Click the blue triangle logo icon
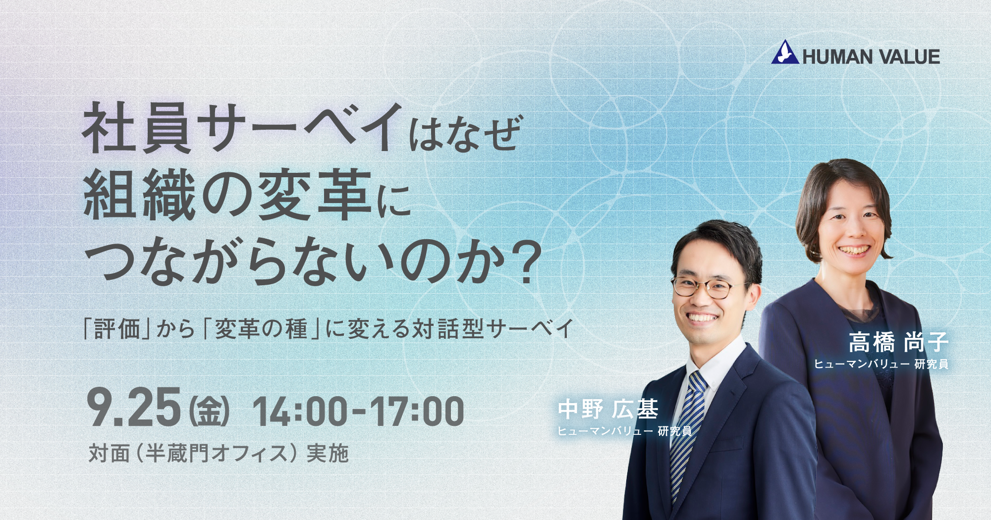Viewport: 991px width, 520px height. tap(785, 52)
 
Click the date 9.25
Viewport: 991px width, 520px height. tap(134, 407)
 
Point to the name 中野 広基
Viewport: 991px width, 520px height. tap(608, 409)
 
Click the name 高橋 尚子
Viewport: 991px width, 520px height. tap(898, 342)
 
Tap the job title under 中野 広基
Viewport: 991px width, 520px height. tap(625, 431)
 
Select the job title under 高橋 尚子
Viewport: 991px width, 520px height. tap(881, 364)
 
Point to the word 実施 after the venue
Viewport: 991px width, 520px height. tap(328, 453)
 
